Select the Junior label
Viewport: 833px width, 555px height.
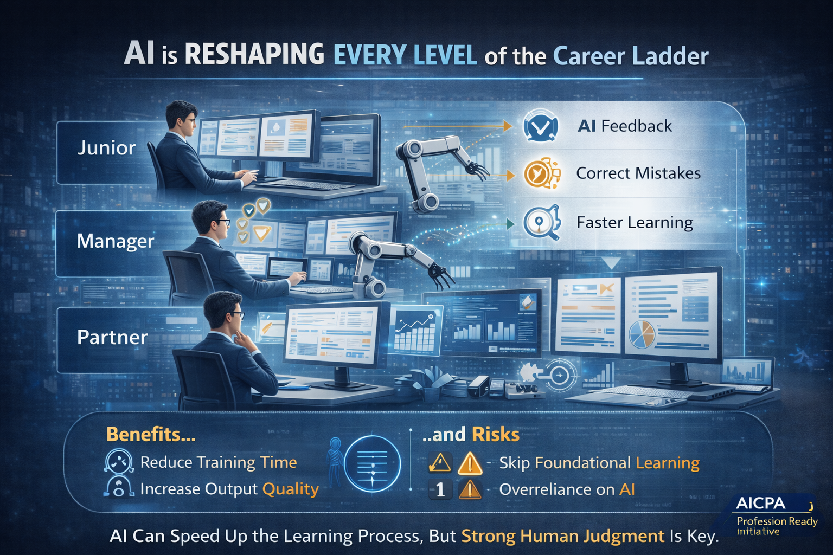pos(106,148)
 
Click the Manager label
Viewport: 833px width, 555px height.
pos(116,242)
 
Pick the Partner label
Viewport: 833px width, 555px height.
pos(112,338)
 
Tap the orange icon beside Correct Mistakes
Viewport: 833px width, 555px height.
pos(541,173)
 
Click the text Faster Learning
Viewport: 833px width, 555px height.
pos(635,223)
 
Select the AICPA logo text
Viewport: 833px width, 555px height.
pos(760,504)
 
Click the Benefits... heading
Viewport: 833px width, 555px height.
pos(151,434)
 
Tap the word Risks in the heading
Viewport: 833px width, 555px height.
pos(496,435)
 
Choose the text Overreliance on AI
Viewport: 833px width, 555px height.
pos(567,489)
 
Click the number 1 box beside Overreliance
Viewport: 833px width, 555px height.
pos(440,489)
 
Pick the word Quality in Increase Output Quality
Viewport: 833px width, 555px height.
pos(291,490)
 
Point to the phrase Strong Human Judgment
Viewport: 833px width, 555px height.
pos(562,537)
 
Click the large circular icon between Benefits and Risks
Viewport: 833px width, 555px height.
pos(372,463)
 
